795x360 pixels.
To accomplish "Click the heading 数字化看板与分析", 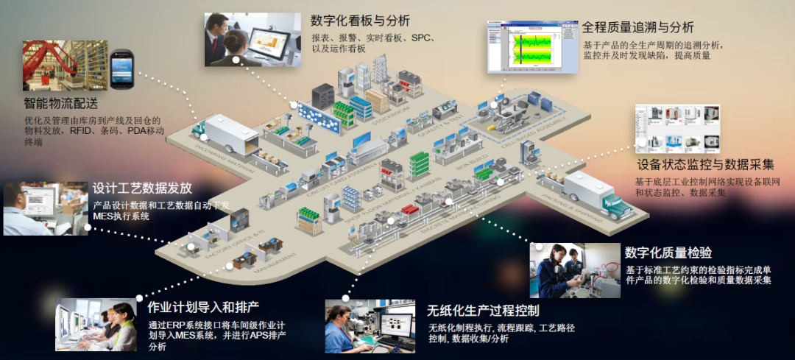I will click(x=360, y=20).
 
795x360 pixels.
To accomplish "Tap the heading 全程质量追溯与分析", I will click(x=637, y=27).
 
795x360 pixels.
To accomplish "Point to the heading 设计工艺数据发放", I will click(x=142, y=188).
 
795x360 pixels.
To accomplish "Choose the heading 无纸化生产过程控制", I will click(x=483, y=309).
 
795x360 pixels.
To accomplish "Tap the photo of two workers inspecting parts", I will click(x=574, y=270).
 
